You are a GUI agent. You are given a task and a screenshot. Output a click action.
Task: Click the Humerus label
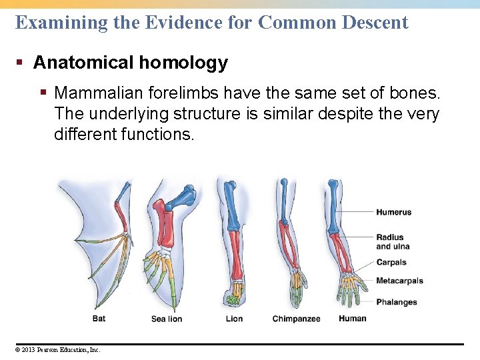[394, 213]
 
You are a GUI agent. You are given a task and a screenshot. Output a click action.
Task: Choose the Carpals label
[391, 263]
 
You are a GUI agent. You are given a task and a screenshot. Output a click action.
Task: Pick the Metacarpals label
[399, 281]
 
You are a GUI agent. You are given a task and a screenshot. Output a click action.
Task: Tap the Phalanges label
[397, 303]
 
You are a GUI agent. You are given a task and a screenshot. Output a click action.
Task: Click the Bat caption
[99, 319]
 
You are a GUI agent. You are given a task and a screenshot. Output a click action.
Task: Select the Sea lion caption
[167, 319]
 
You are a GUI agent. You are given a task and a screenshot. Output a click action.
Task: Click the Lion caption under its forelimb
[234, 319]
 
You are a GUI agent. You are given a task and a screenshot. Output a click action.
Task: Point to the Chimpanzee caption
[297, 319]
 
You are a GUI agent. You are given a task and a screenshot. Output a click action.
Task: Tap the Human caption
[352, 318]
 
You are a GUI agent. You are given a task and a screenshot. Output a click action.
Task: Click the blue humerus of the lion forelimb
[231, 203]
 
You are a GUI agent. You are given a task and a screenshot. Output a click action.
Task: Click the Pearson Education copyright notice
[57, 349]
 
